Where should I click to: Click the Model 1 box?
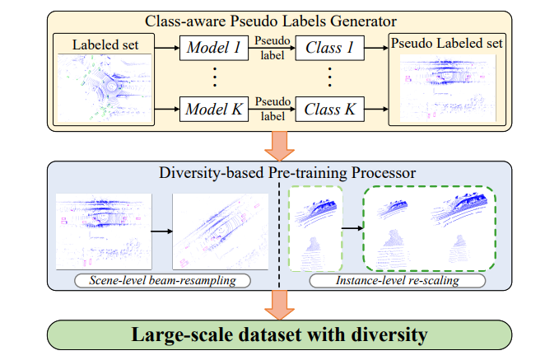[214, 48]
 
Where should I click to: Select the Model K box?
[214, 110]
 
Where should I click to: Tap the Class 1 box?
[330, 48]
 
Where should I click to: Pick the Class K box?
[330, 110]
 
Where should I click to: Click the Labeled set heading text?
[105, 44]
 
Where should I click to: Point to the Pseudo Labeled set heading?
[447, 43]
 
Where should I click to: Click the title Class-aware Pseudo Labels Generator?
[271, 21]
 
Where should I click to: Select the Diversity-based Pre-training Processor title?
[287, 173]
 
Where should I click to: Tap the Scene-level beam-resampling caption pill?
[162, 280]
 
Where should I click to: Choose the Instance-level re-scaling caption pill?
[398, 280]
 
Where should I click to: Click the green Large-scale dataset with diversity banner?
[280, 334]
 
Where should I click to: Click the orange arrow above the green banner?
[280, 305]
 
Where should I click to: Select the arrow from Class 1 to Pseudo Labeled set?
[376, 48]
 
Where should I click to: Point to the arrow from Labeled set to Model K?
[167, 109]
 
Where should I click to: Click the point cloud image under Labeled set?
[105, 88]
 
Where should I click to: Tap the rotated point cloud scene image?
[221, 231]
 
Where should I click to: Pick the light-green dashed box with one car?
[315, 228]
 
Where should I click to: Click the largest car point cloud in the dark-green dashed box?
[460, 208]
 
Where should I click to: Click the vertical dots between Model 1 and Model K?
[215, 77]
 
